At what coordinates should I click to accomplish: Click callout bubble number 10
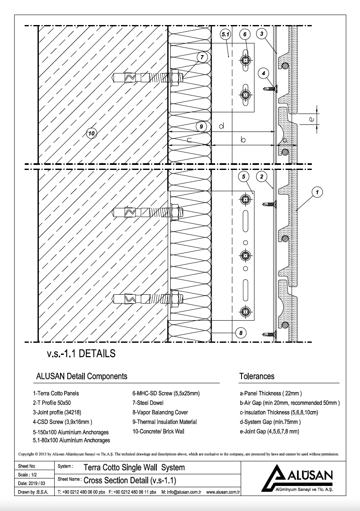92,134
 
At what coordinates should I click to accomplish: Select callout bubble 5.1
225,35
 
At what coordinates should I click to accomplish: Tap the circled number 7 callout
202,57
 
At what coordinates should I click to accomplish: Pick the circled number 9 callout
201,126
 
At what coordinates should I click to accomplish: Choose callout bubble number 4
263,73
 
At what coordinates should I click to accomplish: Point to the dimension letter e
311,119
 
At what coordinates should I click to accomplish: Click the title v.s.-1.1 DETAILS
81,354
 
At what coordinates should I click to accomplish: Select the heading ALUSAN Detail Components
82,376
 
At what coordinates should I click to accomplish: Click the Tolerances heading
257,376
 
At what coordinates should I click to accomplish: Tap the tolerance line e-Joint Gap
269,431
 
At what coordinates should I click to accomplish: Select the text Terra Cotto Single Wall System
134,467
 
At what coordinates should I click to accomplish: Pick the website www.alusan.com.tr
222,492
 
